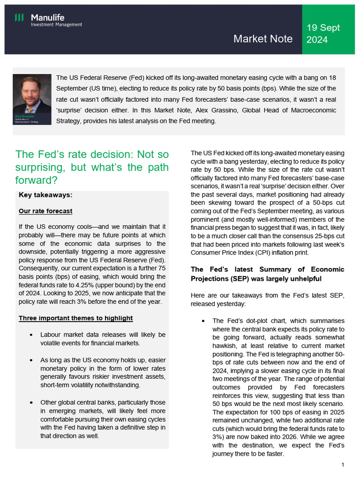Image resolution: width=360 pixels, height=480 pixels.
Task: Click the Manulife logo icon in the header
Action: coord(19,18)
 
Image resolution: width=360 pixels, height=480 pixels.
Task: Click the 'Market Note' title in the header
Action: coord(263,38)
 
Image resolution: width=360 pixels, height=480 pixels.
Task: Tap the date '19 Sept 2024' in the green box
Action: coord(323,34)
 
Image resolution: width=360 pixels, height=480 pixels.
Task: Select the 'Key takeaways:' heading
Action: coord(45,195)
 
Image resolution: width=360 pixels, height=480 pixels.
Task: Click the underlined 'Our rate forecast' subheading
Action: coord(45,211)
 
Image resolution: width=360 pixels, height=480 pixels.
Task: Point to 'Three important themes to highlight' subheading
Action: coord(75,318)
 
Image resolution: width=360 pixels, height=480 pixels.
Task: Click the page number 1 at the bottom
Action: coord(343,465)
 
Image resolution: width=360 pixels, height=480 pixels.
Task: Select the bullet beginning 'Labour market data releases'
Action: coord(103,339)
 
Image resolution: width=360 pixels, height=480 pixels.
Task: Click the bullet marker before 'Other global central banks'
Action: coord(30,402)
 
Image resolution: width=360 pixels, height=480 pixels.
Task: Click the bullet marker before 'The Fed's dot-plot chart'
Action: coord(202,321)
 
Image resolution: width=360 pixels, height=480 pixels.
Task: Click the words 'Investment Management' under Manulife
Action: coord(56,24)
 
